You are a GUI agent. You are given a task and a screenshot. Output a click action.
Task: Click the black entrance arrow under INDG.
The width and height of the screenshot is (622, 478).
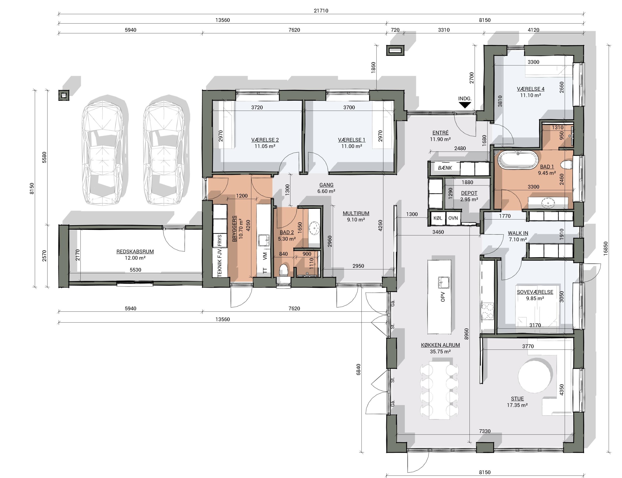[x=465, y=105]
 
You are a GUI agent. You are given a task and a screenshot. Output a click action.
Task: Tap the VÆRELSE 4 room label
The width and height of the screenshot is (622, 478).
[x=531, y=89]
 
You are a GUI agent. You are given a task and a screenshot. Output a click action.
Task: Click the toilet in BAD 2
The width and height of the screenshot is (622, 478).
[x=283, y=270]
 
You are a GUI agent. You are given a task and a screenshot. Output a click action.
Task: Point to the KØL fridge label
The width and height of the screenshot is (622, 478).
[x=438, y=218]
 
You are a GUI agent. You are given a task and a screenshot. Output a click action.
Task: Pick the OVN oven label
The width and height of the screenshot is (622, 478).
[x=453, y=218]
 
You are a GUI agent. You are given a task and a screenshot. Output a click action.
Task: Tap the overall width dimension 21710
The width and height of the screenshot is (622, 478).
[x=321, y=10]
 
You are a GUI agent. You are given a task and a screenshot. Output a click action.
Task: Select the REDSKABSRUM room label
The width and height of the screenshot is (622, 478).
[x=135, y=252]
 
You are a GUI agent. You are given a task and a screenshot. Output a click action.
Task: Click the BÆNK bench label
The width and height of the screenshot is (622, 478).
[x=445, y=168]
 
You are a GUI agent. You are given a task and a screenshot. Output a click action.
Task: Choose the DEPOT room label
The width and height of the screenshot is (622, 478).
[x=469, y=193]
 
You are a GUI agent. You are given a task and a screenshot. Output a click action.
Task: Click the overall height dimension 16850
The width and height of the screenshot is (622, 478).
[x=606, y=248]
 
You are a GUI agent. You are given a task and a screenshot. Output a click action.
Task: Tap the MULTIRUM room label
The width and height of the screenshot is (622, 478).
[x=356, y=213]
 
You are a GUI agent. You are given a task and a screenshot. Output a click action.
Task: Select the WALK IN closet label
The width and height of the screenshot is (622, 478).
[x=518, y=233]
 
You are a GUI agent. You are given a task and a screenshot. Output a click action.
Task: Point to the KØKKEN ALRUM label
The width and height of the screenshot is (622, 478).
[x=440, y=345]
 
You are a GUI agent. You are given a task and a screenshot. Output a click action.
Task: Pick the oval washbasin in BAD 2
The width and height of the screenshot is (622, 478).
[x=314, y=228]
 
